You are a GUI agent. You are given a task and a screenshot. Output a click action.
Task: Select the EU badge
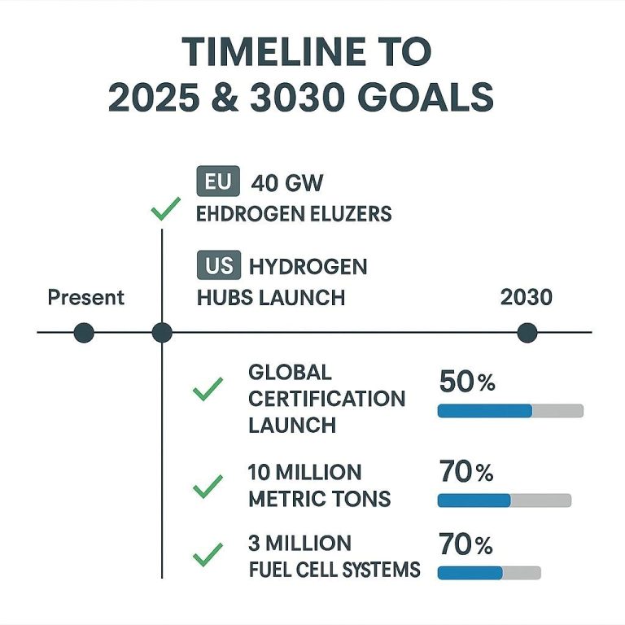coord(218,182)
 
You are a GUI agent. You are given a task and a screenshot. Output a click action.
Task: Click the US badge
coord(218,265)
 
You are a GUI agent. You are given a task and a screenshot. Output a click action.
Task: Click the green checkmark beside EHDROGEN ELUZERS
coord(165,211)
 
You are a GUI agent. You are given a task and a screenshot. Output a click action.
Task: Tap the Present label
coord(85,297)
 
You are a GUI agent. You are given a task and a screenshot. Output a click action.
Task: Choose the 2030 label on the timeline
coord(526,297)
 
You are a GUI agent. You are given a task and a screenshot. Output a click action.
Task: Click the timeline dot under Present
coord(84,333)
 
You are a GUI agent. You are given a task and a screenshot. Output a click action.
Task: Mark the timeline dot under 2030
coord(527,333)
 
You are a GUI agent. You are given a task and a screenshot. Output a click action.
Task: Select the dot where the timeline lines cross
coord(162,333)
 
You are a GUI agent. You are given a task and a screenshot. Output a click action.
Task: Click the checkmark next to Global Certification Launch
coord(208,391)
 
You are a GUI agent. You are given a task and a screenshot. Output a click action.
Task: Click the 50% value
coord(466,382)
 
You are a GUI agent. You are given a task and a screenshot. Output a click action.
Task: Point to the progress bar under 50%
coord(510,411)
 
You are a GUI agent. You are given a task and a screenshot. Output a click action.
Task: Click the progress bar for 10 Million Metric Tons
coord(504,500)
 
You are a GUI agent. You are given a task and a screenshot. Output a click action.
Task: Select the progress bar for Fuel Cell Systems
coord(489,572)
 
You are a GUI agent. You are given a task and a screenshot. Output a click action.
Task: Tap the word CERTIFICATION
coord(326,399)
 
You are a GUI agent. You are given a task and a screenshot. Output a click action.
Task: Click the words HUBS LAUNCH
coord(271,298)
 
